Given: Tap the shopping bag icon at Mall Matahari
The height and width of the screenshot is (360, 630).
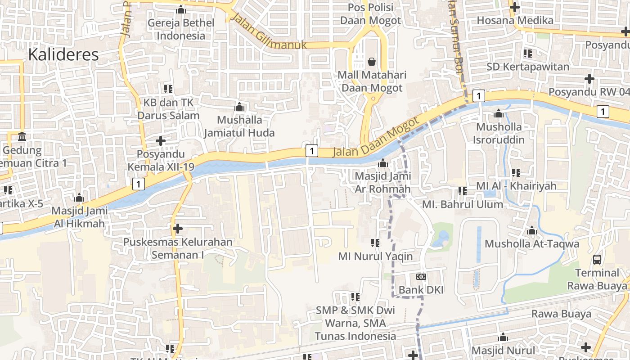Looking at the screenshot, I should tap(372, 61).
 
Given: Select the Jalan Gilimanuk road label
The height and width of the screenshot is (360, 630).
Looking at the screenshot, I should tap(269, 31).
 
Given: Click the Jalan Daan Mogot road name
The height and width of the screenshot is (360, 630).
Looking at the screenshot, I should tap(376, 138).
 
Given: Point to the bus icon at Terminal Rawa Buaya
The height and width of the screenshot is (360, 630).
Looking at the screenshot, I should tap(597, 260).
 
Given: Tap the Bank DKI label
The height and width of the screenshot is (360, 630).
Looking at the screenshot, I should tap(421, 290).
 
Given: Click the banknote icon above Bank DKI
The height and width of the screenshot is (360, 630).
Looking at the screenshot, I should tap(421, 277).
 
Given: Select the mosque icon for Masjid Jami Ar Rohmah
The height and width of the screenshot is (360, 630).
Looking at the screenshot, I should tap(383, 163).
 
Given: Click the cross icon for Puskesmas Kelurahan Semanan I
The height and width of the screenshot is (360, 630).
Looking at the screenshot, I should tap(178, 229).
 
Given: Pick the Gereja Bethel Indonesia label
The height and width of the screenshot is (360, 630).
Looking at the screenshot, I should tap(181, 29).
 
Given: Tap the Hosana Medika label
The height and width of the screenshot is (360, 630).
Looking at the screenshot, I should tap(515, 20).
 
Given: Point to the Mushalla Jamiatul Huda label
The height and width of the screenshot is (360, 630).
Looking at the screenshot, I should tap(239, 126).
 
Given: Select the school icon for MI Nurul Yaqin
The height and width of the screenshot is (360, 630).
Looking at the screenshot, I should tap(375, 243).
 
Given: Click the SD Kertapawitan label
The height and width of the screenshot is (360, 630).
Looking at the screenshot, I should tap(528, 67).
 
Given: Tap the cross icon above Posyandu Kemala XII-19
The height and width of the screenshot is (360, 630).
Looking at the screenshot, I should tap(161, 141).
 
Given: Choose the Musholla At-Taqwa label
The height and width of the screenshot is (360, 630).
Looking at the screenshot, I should tap(531, 244).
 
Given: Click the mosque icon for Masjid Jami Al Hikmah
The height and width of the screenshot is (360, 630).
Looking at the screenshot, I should tap(79, 198).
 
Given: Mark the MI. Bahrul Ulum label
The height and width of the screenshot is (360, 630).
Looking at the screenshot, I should tap(462, 204).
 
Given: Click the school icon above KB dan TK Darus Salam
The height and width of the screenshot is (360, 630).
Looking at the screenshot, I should tap(168, 89).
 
